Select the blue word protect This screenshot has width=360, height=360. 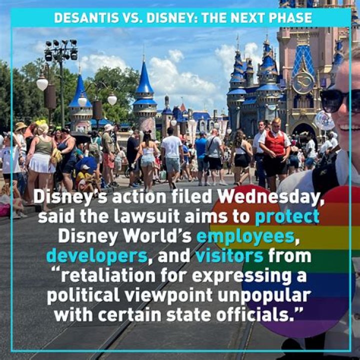click(x=286, y=216)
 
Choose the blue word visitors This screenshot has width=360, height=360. click(x=229, y=256)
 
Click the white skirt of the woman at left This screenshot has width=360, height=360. click(x=42, y=163)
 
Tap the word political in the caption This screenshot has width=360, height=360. click(x=86, y=295)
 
